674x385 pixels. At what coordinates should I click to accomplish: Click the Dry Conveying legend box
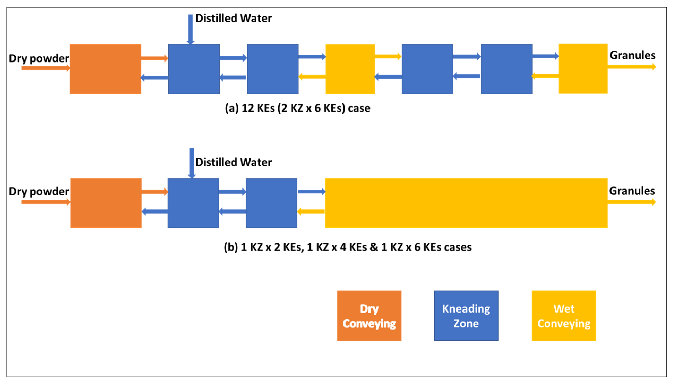369,316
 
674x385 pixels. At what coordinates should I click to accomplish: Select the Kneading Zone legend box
466,316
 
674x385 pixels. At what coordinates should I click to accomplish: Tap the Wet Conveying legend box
564,316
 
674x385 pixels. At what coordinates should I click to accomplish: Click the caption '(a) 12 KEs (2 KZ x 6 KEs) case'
297,108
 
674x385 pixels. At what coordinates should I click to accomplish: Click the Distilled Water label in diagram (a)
233,18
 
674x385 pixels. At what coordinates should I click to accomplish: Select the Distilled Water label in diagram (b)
233,162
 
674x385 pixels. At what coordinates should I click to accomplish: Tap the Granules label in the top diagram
632,55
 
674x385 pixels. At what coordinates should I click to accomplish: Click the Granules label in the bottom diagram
632,191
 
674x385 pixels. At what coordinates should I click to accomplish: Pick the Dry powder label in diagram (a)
39,58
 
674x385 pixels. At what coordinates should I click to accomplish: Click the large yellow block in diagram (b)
466,203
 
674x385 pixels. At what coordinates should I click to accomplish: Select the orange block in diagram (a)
105,69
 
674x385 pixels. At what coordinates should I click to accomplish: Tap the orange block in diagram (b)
106,203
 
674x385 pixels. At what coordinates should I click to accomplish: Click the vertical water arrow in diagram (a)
191,29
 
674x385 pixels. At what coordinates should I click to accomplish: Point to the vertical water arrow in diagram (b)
192,163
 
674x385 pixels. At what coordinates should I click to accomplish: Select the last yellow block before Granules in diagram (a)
583,69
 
